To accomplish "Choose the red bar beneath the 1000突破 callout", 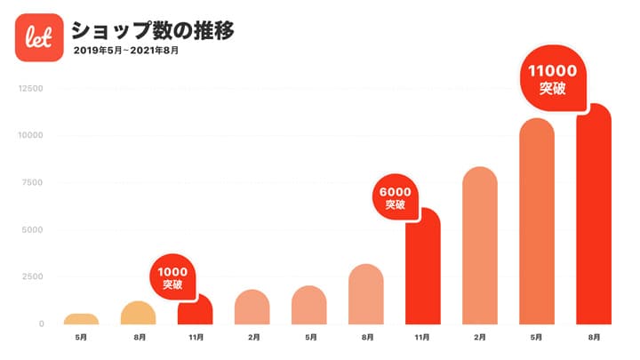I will pos(195,311).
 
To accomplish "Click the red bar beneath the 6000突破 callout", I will pos(422,267).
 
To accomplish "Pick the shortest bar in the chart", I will pos(81,319).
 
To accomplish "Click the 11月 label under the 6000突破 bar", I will pos(422,338).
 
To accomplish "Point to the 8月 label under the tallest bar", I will pos(594,338).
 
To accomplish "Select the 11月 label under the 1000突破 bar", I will pos(195,338).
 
